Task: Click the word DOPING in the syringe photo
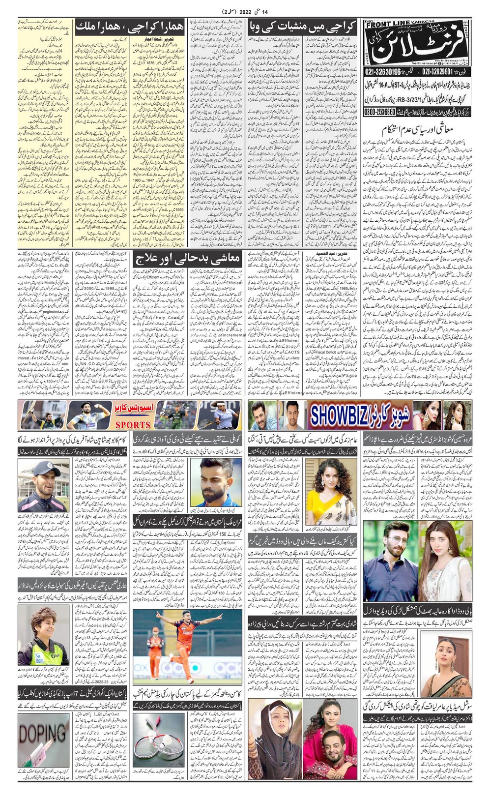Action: pos(43,734)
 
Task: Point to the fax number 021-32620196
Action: pos(393,72)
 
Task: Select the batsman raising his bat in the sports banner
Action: pos(38,415)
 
